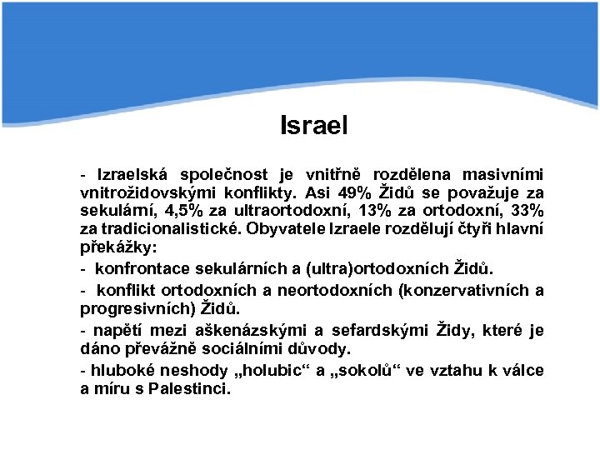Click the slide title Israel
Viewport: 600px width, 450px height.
pyautogui.click(x=314, y=126)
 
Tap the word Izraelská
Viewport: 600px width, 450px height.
pyautogui.click(x=132, y=174)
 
